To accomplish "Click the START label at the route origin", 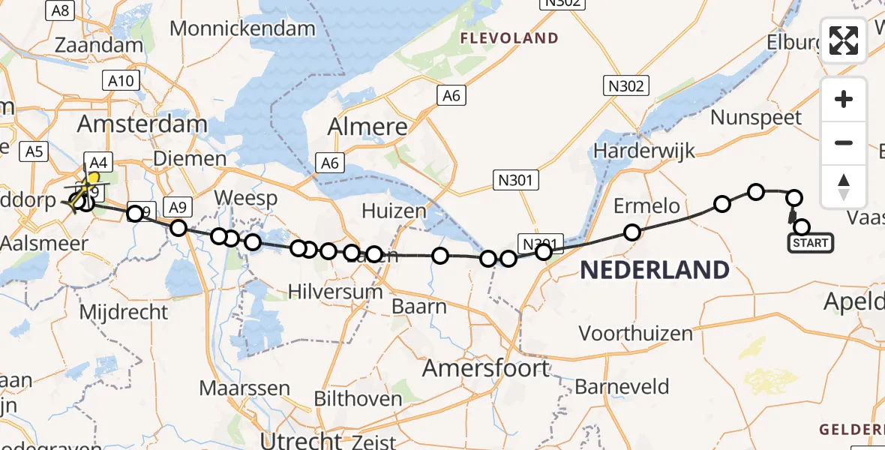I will [810, 243].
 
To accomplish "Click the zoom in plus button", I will [844, 99].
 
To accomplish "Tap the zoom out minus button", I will [844, 142].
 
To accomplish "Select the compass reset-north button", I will [844, 186].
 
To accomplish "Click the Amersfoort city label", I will [485, 368].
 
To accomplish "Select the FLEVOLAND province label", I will [509, 38].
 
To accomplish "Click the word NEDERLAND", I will [655, 270].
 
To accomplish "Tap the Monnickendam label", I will [243, 28].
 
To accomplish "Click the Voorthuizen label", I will [636, 332].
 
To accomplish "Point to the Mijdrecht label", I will [123, 311].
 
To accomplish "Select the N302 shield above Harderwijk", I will [626, 86].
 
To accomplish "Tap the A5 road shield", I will [34, 152].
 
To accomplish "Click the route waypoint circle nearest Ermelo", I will [632, 232].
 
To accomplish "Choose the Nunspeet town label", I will [756, 118].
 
